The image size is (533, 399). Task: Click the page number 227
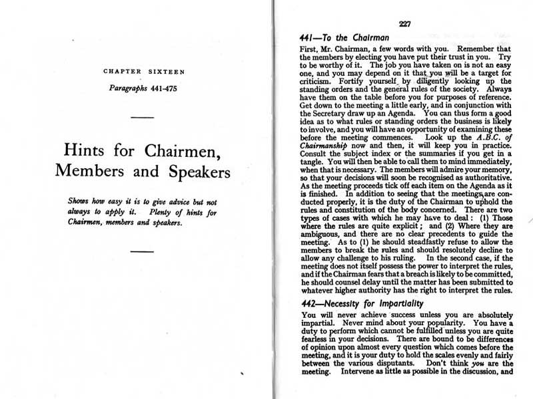[404, 25]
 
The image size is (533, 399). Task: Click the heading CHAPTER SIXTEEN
[144, 71]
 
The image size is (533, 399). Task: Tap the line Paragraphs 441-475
[144, 88]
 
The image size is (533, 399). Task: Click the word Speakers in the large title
[193, 170]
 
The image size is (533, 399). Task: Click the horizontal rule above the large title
[143, 118]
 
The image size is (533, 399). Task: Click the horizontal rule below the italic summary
[143, 251]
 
